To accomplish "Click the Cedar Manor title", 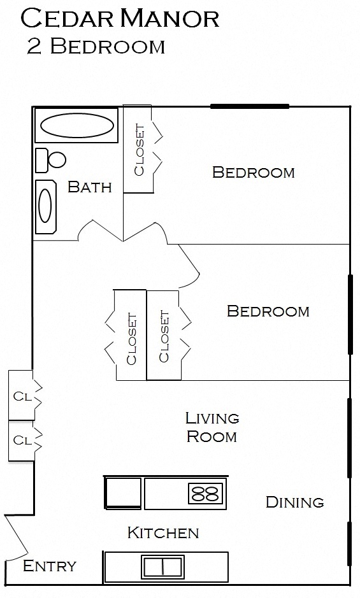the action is [x=120, y=18].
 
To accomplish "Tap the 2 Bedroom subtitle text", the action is [x=96, y=46].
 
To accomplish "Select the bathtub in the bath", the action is [x=76, y=125].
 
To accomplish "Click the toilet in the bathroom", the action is [x=50, y=160].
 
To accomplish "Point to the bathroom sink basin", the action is [x=45, y=206].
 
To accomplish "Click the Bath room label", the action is [x=90, y=187].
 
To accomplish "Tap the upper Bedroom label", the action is [x=254, y=173].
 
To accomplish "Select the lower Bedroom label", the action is [x=268, y=311].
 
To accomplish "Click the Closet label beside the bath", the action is [x=140, y=150].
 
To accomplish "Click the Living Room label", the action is [x=212, y=427].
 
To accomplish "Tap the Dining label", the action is [x=295, y=502].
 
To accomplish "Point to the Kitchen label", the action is [x=163, y=533].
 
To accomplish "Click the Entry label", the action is [x=50, y=566].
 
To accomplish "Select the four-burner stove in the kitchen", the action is [x=205, y=493].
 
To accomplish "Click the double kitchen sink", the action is [x=162, y=566].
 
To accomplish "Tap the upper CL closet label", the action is [x=22, y=397].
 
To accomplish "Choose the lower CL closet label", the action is [x=22, y=441].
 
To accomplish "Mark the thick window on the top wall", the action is [x=250, y=106].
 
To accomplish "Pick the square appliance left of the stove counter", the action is [x=123, y=493].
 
